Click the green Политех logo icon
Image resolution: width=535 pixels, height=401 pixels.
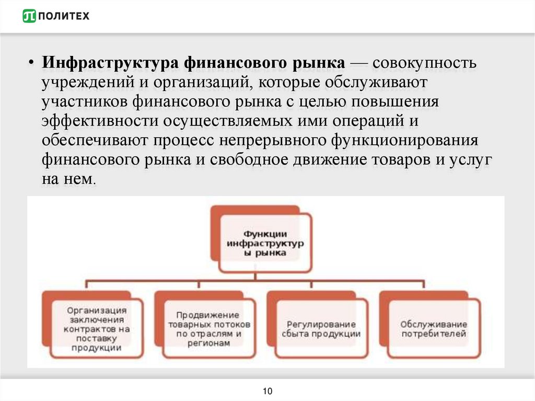coord(29,16)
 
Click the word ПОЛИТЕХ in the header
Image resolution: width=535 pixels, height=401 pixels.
coord(64,16)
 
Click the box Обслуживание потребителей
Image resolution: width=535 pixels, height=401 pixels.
coord(434,328)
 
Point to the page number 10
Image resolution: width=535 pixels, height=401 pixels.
coord(267,391)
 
